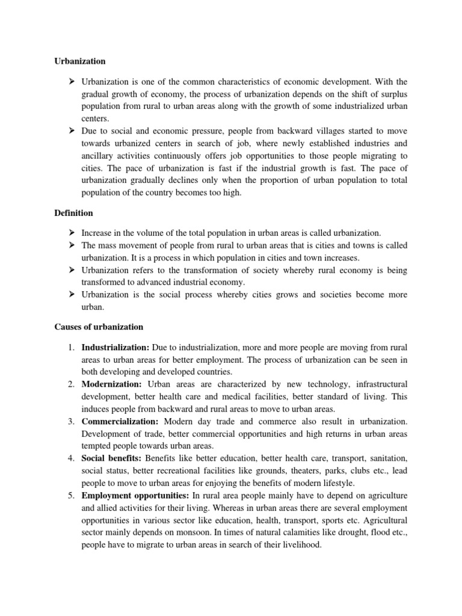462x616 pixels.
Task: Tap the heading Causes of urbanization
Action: click(x=98, y=327)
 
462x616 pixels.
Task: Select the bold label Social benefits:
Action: click(x=111, y=458)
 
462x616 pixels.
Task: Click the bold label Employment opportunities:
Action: click(x=135, y=494)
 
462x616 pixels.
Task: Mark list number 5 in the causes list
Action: click(x=70, y=494)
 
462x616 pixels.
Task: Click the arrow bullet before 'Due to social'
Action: click(x=70, y=130)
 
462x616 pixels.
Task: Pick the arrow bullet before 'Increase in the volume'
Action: click(x=70, y=232)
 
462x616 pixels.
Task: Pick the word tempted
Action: click(x=97, y=446)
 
